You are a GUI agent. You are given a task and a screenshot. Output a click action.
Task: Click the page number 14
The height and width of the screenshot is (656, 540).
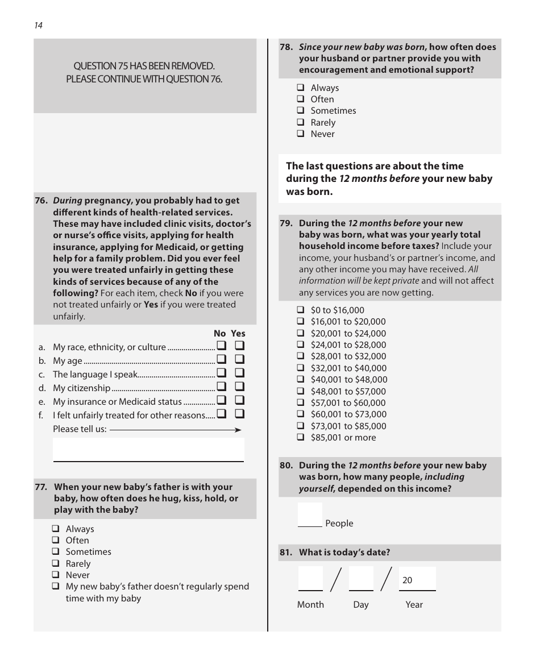coord(38,26)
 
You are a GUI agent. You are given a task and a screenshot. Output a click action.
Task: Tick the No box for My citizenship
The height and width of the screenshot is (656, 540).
coord(221,387)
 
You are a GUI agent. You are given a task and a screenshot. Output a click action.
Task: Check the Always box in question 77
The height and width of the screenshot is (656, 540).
coord(56,529)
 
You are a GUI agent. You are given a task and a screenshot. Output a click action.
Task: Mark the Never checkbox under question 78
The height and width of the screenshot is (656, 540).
coord(300,134)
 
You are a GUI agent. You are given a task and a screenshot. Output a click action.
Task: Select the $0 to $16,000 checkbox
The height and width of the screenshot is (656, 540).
coord(300,310)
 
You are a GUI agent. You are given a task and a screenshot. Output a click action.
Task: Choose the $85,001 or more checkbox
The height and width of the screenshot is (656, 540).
coord(300,438)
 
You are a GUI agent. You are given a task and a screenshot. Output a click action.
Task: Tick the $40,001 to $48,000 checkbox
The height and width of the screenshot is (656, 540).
coord(300,380)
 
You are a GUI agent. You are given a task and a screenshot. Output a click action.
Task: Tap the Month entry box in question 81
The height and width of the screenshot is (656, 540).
coord(310,578)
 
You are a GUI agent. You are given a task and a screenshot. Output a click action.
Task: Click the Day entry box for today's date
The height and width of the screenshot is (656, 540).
coord(361,578)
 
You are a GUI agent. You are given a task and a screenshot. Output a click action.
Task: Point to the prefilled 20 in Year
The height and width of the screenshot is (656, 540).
coord(408,580)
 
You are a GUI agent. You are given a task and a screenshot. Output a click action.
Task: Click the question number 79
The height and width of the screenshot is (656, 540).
coord(286,223)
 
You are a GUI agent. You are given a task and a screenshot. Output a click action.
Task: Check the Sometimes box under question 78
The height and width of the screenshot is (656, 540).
coord(300,111)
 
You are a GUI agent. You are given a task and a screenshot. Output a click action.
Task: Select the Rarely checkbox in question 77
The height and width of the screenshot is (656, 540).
coord(56,563)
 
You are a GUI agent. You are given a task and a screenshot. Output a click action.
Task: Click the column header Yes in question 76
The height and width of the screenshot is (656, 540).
coord(238,334)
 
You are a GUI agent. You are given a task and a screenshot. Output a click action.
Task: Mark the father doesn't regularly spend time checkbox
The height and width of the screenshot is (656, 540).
coord(56,586)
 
